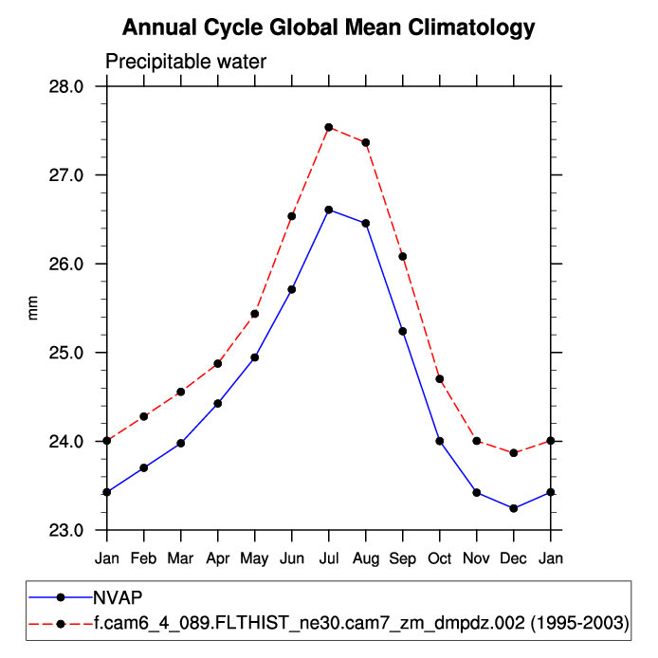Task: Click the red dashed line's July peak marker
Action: click(329, 127)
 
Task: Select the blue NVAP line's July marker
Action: click(329, 210)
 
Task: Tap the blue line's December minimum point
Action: click(514, 508)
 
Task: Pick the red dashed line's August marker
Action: click(366, 142)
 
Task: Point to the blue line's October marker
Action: click(440, 441)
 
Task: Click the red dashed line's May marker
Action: click(255, 314)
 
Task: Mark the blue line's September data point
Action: click(403, 331)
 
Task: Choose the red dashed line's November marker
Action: click(477, 441)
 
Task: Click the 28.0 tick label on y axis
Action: click(66, 86)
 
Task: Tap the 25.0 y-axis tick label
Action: click(66, 353)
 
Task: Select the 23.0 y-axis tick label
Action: click(66, 530)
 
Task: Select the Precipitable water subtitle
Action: click(186, 63)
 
